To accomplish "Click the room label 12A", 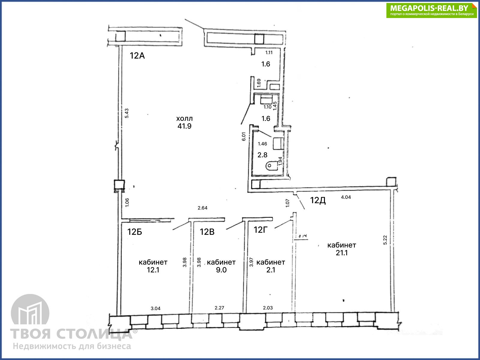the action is coord(137,55).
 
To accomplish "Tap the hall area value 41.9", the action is coord(184,126).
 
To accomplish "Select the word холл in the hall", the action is coord(184,118).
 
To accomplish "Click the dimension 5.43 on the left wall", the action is coord(127,113).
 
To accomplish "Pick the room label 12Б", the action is coord(135,232).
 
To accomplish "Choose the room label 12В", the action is coord(207,232).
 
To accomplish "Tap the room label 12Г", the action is coord(261,230).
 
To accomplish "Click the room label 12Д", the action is coord(318,200).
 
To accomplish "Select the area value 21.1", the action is coord(342,253).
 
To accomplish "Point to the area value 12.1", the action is coord(153,270).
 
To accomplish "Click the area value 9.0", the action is coord(221,270).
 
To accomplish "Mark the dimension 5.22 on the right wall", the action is coord(385,240).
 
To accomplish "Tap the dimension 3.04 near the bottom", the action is coord(155,308).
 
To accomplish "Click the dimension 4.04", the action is coord(346,197).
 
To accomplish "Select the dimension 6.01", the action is coord(244,136).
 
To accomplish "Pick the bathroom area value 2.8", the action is coord(262,155).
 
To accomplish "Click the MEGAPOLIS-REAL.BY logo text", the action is coord(429,8).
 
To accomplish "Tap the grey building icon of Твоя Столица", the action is coord(30,310).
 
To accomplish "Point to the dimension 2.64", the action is coord(202,208).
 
